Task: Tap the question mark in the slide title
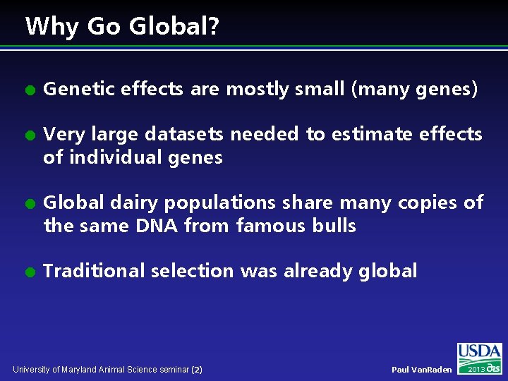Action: coord(214,27)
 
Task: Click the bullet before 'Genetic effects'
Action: coord(30,90)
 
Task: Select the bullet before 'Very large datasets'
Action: coord(30,135)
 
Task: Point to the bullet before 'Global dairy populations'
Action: coord(30,203)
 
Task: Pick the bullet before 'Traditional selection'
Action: coord(30,272)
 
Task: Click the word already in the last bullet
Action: coord(317,271)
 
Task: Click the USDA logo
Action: coord(479,358)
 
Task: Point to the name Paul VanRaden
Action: coord(422,370)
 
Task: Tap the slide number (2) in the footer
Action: coord(197,369)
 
